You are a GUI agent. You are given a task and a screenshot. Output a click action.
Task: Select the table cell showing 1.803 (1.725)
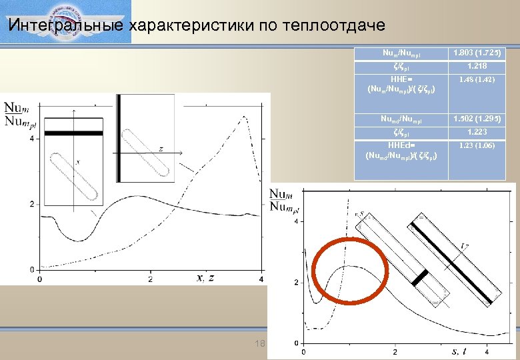pyautogui.click(x=477, y=53)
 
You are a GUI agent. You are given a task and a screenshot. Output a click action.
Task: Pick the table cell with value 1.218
pyautogui.click(x=477, y=66)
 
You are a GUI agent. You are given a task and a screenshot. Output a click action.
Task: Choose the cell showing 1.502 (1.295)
pyautogui.click(x=477, y=119)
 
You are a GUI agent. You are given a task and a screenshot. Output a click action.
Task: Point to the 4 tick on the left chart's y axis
pyautogui.click(x=34, y=139)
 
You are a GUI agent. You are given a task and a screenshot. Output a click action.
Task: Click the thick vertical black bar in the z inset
pyautogui.click(x=119, y=138)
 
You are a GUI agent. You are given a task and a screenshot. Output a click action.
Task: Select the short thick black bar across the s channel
pyautogui.click(x=419, y=278)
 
